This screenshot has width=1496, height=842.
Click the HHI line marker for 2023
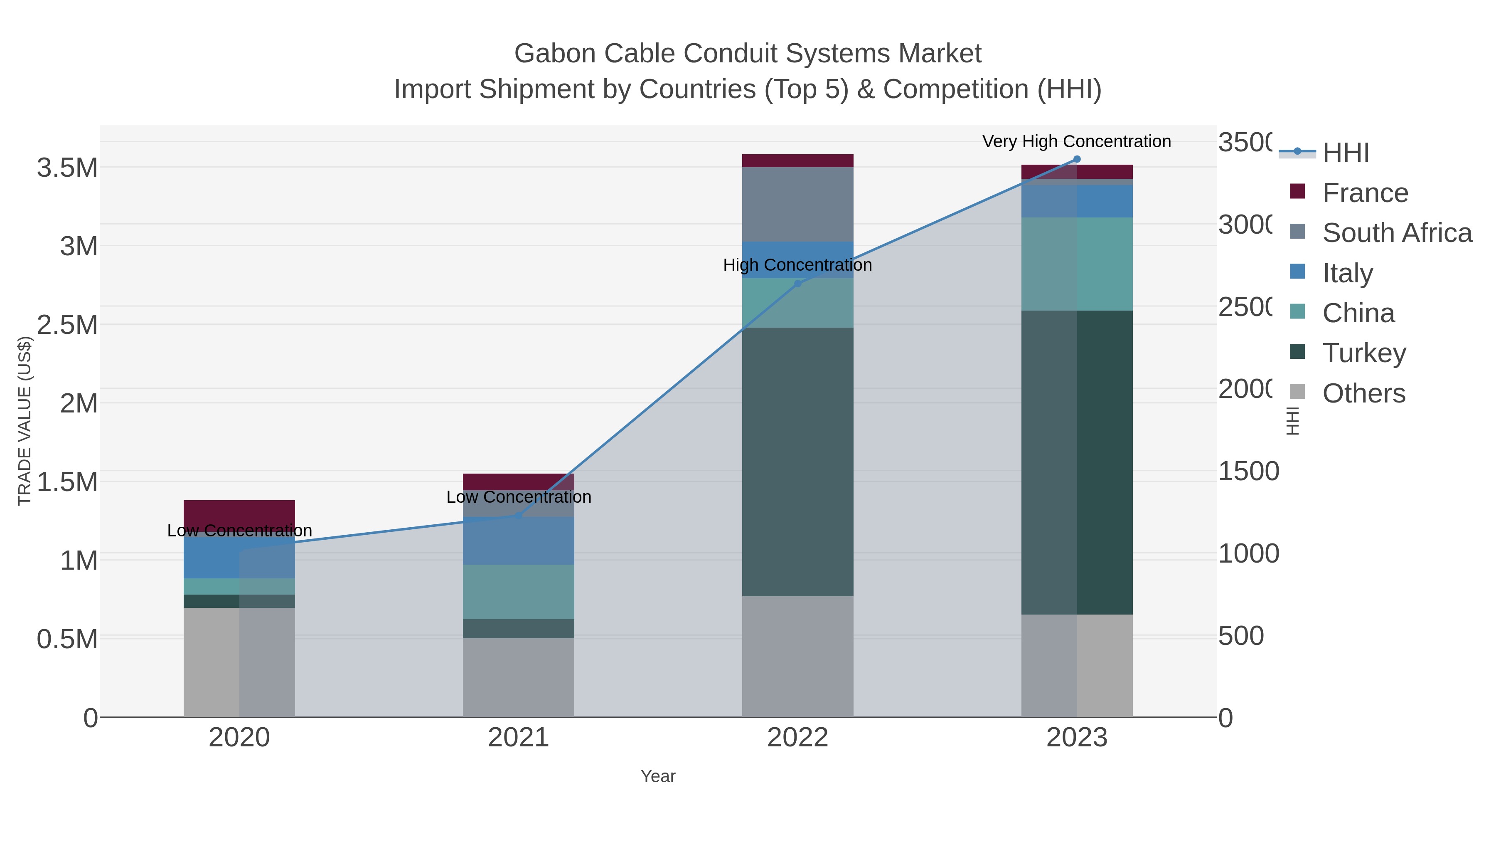(x=1077, y=159)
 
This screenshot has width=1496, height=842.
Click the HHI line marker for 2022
(x=797, y=284)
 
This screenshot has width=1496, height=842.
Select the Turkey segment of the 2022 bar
(x=797, y=462)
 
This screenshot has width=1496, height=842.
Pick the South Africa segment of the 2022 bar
(x=797, y=204)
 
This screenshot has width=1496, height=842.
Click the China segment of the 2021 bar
(x=518, y=592)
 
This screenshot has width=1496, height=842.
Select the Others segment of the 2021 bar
(x=518, y=678)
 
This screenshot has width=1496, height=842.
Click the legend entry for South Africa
(x=1397, y=233)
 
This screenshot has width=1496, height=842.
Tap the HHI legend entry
(x=1346, y=153)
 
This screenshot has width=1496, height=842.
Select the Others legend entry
(x=1363, y=393)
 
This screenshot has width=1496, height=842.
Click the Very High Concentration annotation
(x=1076, y=142)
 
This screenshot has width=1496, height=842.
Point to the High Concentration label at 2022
(x=797, y=265)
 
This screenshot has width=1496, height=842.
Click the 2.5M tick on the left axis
(x=67, y=325)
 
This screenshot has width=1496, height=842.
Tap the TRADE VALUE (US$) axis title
(x=25, y=421)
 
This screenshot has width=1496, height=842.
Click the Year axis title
(x=658, y=776)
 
